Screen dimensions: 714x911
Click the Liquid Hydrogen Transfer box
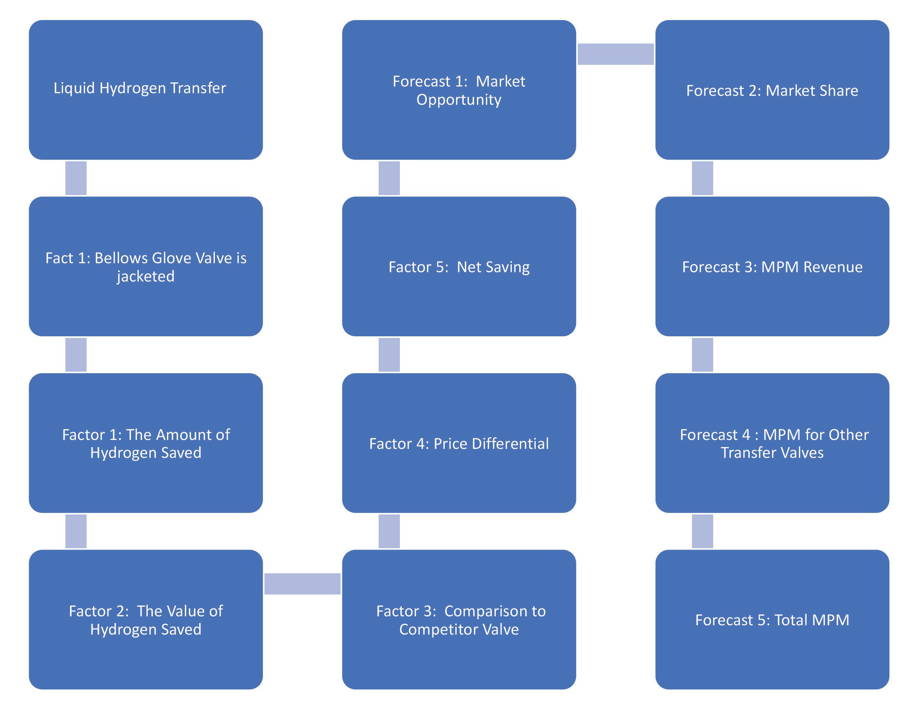(145, 89)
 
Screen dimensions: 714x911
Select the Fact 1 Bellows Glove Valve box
(145, 266)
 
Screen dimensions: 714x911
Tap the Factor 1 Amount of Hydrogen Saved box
(145, 443)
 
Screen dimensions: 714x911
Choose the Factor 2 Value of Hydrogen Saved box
(145, 620)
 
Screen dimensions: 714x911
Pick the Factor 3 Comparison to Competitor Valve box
(459, 620)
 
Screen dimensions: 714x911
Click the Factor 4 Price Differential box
(459, 443)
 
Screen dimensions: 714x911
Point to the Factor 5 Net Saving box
(459, 266)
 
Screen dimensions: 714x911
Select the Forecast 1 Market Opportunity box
(459, 89)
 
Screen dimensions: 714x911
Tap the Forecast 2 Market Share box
(772, 89)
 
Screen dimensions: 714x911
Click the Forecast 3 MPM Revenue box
(772, 266)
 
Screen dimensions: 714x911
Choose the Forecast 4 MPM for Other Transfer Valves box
(772, 443)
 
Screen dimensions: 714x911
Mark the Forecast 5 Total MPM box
(772, 620)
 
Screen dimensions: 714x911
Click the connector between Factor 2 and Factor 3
(302, 584)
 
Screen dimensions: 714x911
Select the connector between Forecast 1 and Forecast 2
(615, 54)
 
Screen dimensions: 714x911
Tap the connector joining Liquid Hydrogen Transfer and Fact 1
(76, 178)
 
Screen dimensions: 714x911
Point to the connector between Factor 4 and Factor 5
(389, 355)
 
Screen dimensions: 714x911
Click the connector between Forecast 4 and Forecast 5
(702, 531)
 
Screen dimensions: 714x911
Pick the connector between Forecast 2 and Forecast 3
(702, 178)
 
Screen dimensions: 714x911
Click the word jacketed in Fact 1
(145, 276)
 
